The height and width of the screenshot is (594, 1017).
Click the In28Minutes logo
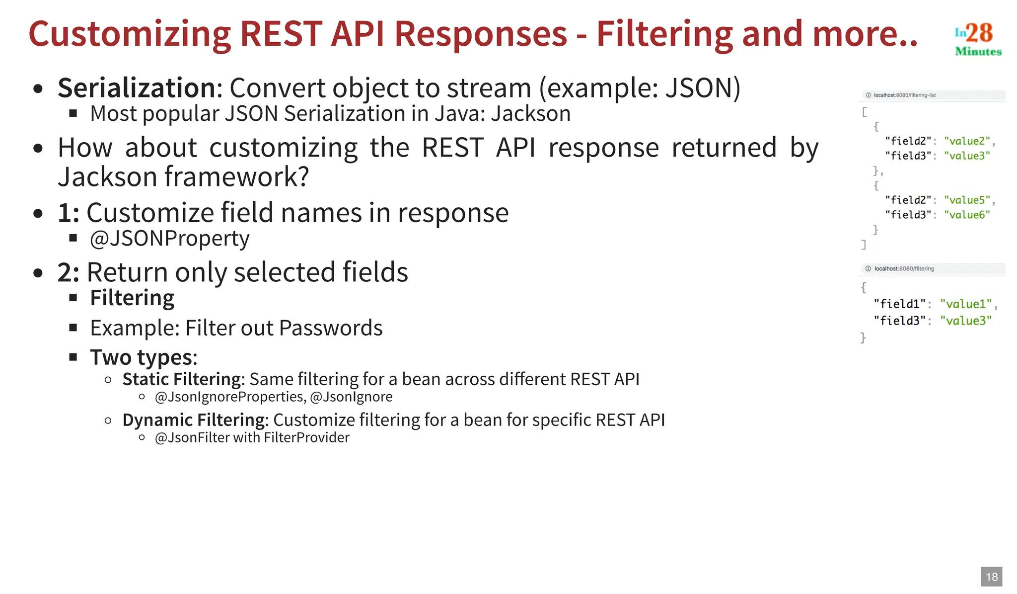point(977,39)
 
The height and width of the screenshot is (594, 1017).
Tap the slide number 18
point(991,577)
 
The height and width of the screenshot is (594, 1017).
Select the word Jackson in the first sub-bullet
point(530,114)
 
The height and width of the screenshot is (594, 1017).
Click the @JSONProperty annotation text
point(169,239)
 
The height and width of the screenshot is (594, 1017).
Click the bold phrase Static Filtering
point(181,379)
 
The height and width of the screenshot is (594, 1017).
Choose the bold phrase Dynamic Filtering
point(193,420)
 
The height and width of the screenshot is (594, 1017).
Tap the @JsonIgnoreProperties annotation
point(229,397)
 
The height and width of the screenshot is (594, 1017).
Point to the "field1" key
point(899,304)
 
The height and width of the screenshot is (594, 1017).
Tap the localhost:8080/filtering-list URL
point(904,95)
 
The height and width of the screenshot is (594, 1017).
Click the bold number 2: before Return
point(68,272)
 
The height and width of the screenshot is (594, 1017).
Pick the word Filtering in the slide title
point(664,35)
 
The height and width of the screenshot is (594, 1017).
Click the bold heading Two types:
point(144,357)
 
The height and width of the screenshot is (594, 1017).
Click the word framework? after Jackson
point(236,177)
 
